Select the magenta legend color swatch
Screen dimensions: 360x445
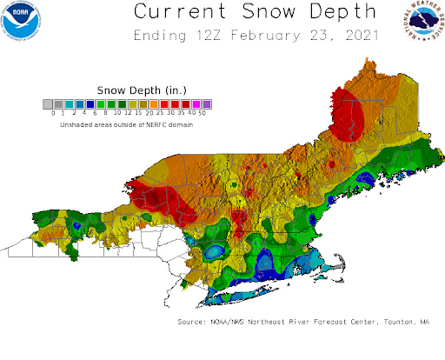pos(196,104)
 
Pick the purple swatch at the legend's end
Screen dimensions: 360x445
pos(207,104)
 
